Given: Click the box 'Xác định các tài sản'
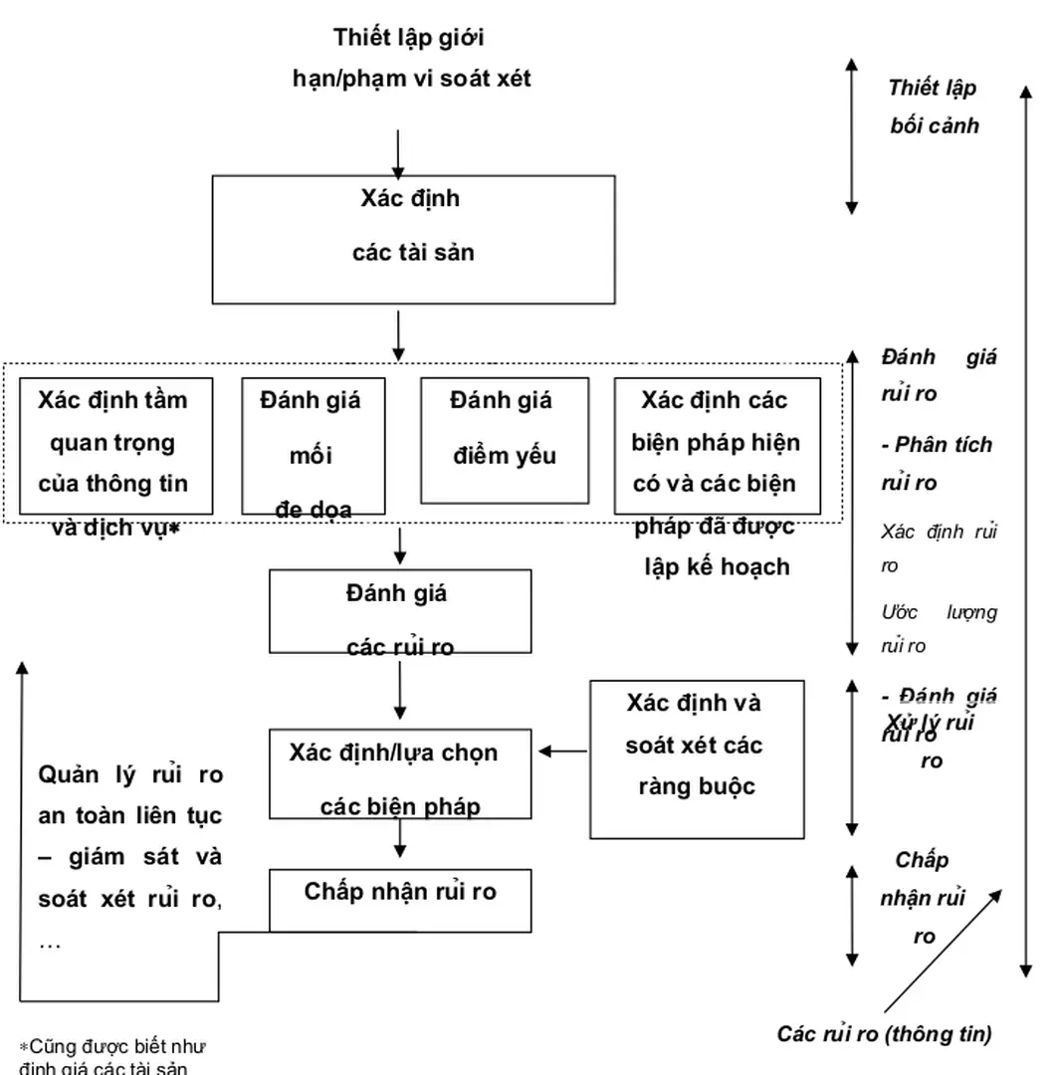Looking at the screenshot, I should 413,239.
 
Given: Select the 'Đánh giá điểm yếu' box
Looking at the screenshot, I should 503,440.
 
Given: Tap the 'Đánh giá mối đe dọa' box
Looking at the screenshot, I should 311,444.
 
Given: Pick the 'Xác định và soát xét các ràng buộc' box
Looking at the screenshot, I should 697,758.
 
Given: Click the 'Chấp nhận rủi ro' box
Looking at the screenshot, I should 400,900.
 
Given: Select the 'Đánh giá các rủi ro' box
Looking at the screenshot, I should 399,611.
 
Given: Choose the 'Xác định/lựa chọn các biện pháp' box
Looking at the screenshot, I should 399,773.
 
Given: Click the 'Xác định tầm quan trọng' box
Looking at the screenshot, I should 112,445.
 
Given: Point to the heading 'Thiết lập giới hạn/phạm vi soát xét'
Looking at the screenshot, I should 411,59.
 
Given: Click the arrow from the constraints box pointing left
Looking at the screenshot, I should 563,752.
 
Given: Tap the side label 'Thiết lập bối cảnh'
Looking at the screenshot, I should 934,107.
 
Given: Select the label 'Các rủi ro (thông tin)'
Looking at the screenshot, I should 884,1034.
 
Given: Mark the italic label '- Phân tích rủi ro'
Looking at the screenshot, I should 936,463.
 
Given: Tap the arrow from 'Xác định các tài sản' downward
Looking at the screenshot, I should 398,335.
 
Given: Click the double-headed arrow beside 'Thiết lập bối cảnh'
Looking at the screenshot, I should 851,135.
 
